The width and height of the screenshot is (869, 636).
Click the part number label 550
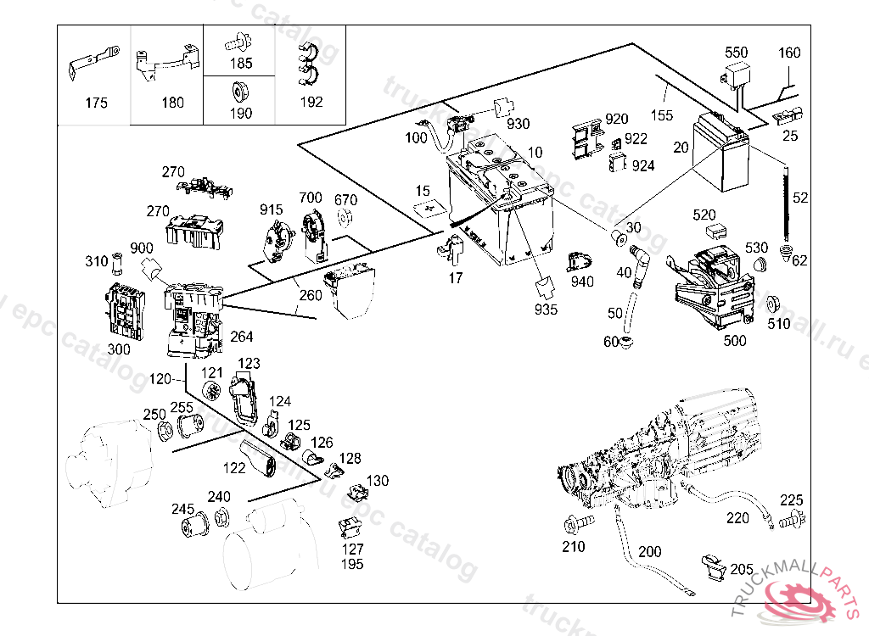pos(737,53)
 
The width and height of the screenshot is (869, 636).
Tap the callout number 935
pos(547,310)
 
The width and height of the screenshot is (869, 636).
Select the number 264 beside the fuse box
pos(242,337)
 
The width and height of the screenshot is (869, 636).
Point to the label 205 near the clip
pos(742,569)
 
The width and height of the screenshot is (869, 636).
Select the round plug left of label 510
pos(772,304)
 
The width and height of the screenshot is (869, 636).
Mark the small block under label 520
pos(715,230)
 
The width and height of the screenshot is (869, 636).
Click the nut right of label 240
pos(221,515)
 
